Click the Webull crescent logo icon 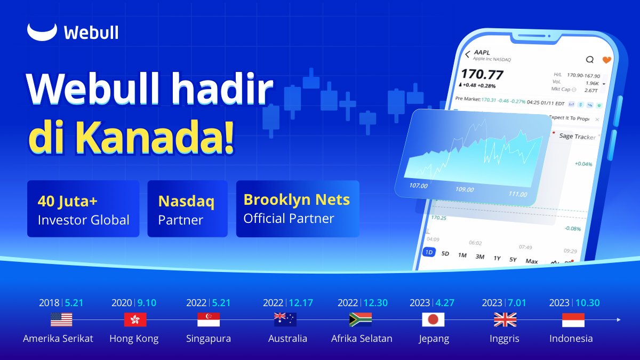(x=42, y=33)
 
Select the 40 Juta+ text (x=68, y=201)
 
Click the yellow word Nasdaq (x=186, y=202)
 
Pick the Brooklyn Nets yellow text (x=297, y=199)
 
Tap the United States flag (x=61, y=320)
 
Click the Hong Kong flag (x=135, y=320)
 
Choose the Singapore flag (x=209, y=320)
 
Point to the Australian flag (x=285, y=319)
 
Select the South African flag (x=361, y=320)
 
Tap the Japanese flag (x=433, y=320)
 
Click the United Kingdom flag (x=505, y=320)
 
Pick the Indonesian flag (x=573, y=320)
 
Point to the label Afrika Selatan (x=362, y=339)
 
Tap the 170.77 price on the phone (x=483, y=74)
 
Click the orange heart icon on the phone (x=606, y=60)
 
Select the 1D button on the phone (x=428, y=252)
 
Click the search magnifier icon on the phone (x=589, y=59)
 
